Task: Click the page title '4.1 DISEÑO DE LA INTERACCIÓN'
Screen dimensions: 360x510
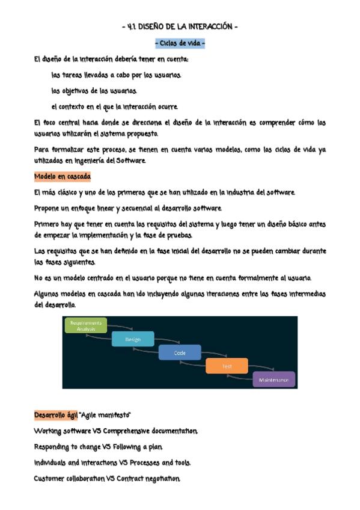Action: (180, 27)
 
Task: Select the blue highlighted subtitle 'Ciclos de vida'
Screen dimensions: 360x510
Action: (180, 44)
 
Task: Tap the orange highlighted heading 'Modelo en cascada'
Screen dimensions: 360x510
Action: (63, 177)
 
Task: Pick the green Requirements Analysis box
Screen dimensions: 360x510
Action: (86, 325)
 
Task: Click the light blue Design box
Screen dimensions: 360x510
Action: (133, 339)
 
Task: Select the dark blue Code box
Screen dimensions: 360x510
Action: (180, 352)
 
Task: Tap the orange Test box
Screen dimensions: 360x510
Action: (227, 366)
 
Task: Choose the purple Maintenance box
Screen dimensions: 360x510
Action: (273, 380)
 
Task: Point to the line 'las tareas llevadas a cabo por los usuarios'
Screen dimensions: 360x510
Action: (117, 75)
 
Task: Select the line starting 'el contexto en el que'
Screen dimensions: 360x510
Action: (115, 106)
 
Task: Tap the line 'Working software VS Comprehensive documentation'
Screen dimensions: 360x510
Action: (116, 431)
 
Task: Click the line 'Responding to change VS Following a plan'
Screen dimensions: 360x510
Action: (99, 447)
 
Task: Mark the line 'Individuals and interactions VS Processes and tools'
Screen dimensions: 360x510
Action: (113, 462)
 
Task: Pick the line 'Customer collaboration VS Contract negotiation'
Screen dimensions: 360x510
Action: (107, 478)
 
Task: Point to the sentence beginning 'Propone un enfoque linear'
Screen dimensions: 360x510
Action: (128, 208)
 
